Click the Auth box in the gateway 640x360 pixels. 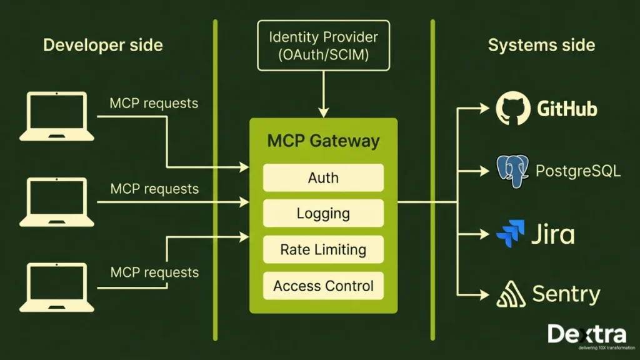coord(323,177)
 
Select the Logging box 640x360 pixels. coord(323,213)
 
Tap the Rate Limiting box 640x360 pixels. coord(323,249)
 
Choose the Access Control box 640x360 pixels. coord(323,286)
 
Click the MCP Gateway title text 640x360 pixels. coord(323,141)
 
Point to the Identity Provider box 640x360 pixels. coord(323,45)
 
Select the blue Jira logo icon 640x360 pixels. coord(511,234)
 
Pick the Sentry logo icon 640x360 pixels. coord(511,294)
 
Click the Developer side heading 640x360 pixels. coord(102,45)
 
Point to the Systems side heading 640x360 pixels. coord(541,45)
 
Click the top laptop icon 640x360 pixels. coord(57,116)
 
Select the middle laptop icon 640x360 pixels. coord(57,202)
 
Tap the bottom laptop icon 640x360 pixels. coord(57,287)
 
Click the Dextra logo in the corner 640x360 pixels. coord(586,336)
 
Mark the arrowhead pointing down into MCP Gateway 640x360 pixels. coord(323,112)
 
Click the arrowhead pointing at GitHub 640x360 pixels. coord(485,108)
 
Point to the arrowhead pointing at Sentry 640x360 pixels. coord(485,294)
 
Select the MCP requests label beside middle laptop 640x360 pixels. coord(154,188)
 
